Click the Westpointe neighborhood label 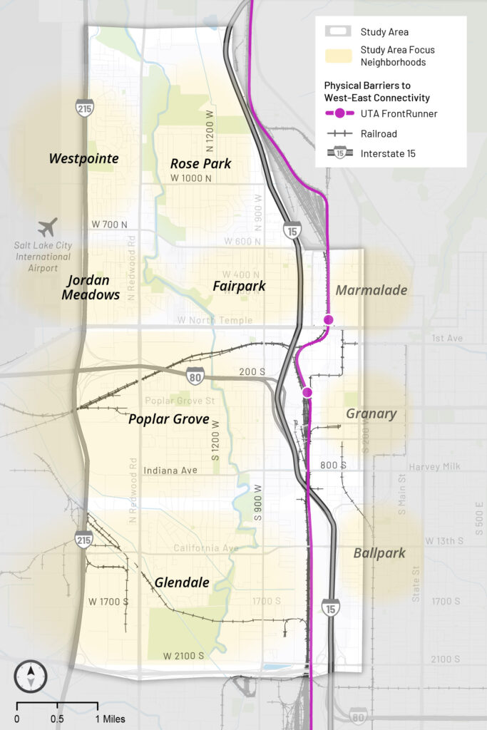click(x=83, y=158)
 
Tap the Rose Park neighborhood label click(x=200, y=164)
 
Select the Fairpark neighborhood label click(x=239, y=286)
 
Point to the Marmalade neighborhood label click(x=371, y=290)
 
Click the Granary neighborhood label click(x=371, y=413)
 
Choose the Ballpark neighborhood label click(x=379, y=552)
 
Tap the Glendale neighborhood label click(x=182, y=582)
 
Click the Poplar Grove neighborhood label click(x=169, y=419)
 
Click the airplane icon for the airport click(x=48, y=228)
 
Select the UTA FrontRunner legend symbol click(x=340, y=113)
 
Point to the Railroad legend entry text click(x=379, y=133)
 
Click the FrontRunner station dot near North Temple click(x=328, y=320)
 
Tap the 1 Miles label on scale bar click(x=109, y=719)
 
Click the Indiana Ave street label click(x=170, y=471)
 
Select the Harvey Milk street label click(x=434, y=467)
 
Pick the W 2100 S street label click(x=183, y=656)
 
